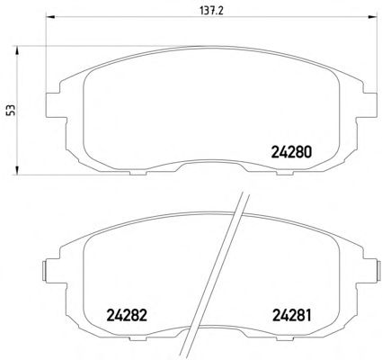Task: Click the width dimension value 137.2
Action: (211, 11)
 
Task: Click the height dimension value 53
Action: (12, 110)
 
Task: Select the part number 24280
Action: (291, 152)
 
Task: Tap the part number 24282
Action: (127, 315)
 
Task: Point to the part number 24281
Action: (291, 315)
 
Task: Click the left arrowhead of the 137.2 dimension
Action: (49, 17)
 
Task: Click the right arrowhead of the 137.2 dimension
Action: (372, 17)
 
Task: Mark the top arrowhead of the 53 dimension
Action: (17, 50)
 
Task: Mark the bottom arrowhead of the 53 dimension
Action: (17, 170)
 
